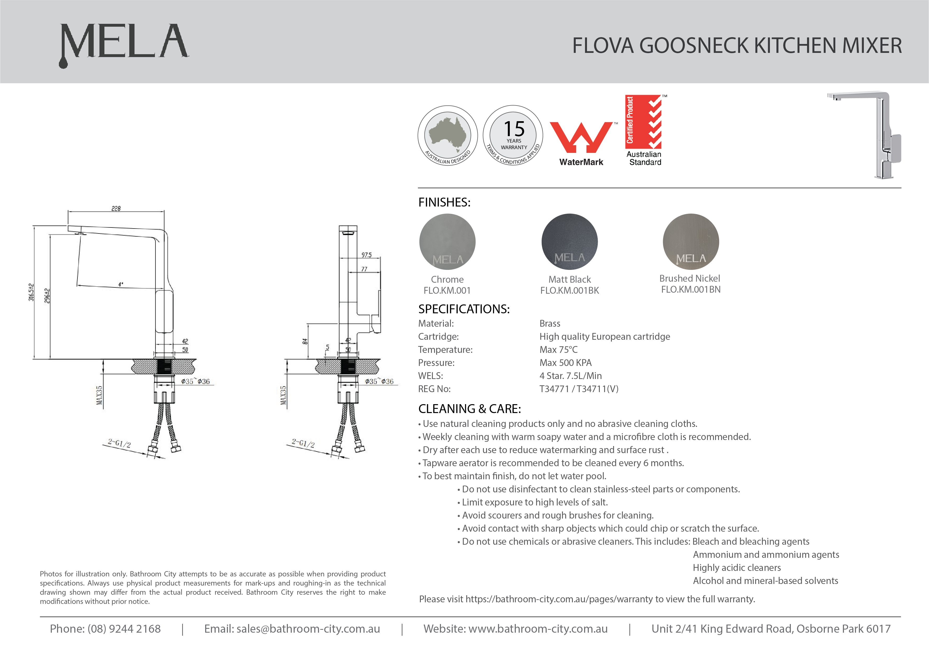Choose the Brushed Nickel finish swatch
tap(691, 242)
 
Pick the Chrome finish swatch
tap(447, 242)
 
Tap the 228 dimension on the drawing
tap(116, 208)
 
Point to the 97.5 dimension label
tap(367, 255)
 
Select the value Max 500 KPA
tap(565, 363)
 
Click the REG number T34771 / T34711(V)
tap(579, 389)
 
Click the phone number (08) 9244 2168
tap(124, 629)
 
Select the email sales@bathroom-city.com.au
tap(308, 629)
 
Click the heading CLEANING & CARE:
tap(469, 409)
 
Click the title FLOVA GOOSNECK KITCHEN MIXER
tap(737, 45)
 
